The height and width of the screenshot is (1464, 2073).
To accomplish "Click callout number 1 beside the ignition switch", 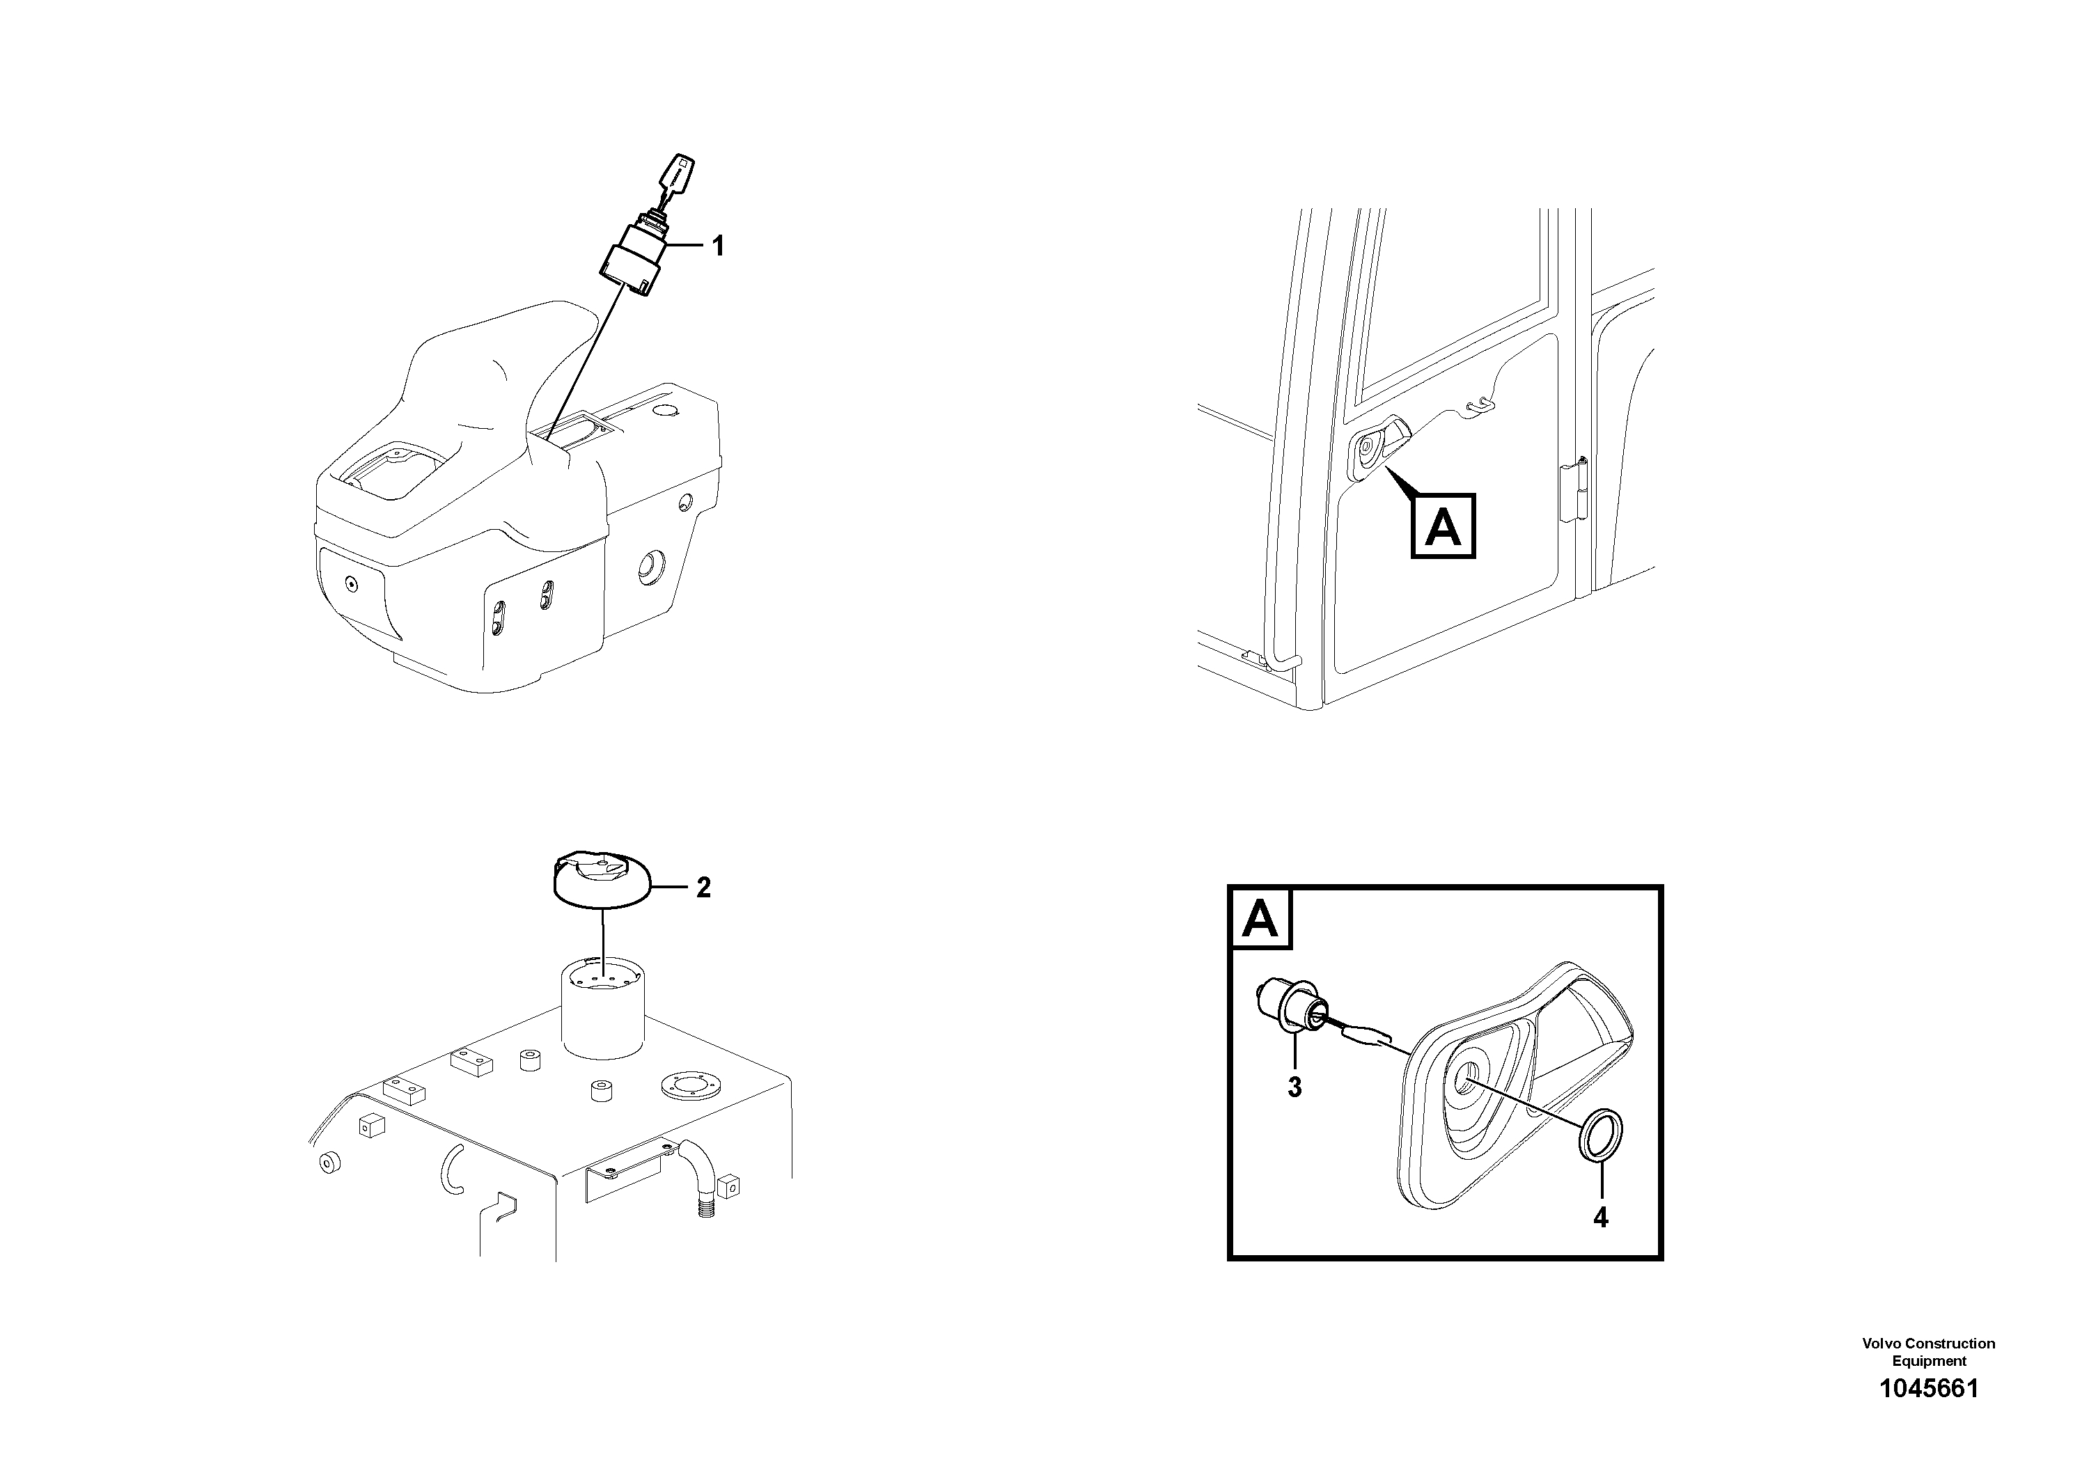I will (x=718, y=246).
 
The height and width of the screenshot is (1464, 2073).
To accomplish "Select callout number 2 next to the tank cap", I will (x=703, y=888).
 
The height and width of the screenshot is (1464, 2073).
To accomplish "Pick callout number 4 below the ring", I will (x=1600, y=1218).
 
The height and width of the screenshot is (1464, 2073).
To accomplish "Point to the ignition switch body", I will (x=633, y=262).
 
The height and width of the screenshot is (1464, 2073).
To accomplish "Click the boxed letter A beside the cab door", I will (x=1442, y=526).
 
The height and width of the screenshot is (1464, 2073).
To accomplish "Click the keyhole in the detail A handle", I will (x=1465, y=1080).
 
